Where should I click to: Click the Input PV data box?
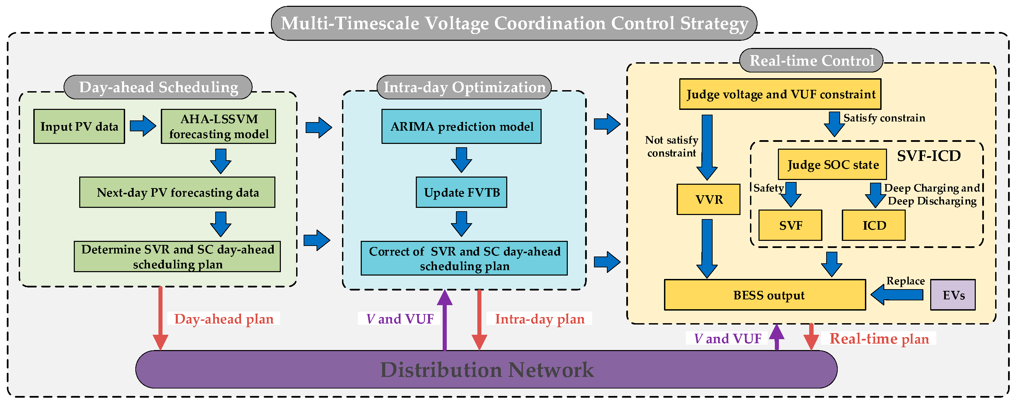[x=79, y=127]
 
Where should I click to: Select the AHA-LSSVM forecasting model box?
[x=218, y=127]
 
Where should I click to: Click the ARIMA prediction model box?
[x=461, y=127]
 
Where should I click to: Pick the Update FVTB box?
[x=461, y=193]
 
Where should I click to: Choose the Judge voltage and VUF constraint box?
[x=780, y=95]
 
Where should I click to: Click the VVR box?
[x=708, y=199]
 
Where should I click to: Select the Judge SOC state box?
[x=832, y=164]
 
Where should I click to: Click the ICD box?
[x=874, y=226]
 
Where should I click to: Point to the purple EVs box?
[x=953, y=295]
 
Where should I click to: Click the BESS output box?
[x=765, y=295]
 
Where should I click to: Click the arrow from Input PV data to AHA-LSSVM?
[x=143, y=126]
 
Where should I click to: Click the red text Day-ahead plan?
[x=224, y=319]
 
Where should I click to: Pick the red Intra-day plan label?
[x=540, y=319]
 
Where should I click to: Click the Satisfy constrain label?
[x=884, y=118]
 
